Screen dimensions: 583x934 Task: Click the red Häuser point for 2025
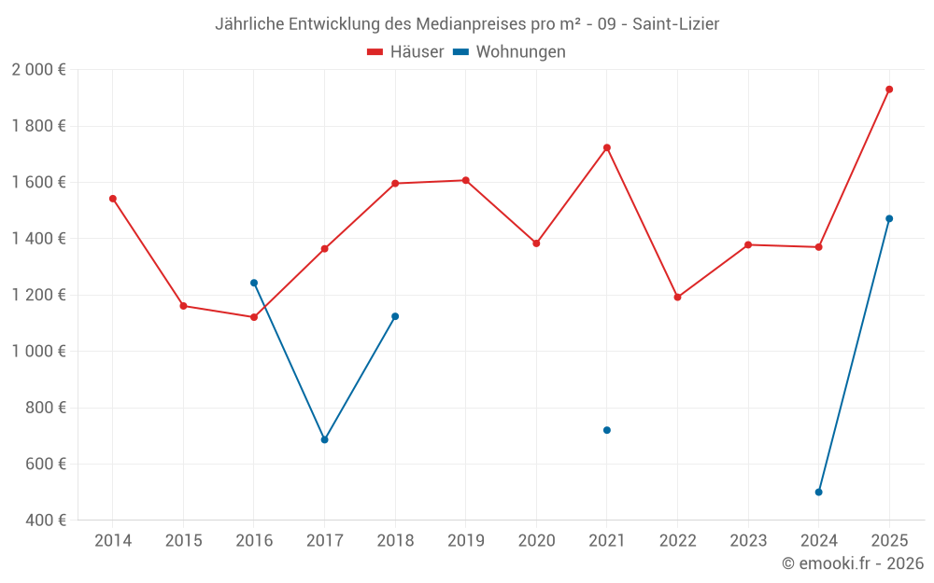[x=889, y=90]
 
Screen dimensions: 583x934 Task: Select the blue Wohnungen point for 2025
[x=889, y=219]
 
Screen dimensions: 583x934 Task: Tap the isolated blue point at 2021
[x=607, y=430]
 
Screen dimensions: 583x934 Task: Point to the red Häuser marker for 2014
[x=113, y=199]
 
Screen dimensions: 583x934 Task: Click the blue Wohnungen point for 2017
[x=325, y=439]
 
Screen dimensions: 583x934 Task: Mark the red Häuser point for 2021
[x=607, y=147]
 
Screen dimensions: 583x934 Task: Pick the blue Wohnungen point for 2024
[x=819, y=493]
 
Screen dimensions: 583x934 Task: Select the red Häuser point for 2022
[x=678, y=298]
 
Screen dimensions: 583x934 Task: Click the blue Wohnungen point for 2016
[x=254, y=283]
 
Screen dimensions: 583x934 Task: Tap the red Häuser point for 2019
[x=466, y=180]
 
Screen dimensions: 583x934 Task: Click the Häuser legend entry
[x=405, y=52]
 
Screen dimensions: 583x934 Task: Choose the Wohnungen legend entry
[x=510, y=52]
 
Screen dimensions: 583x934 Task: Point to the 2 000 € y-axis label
[x=38, y=70]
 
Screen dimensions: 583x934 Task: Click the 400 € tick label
[x=45, y=521]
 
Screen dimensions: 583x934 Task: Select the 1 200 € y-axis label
[x=38, y=295]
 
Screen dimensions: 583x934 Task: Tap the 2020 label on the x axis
[x=536, y=541]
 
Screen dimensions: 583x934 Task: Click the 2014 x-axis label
[x=113, y=541]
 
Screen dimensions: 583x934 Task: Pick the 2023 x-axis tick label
[x=748, y=541]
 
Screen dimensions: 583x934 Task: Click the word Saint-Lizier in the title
[x=675, y=23]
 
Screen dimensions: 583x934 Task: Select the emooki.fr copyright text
[x=853, y=563]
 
